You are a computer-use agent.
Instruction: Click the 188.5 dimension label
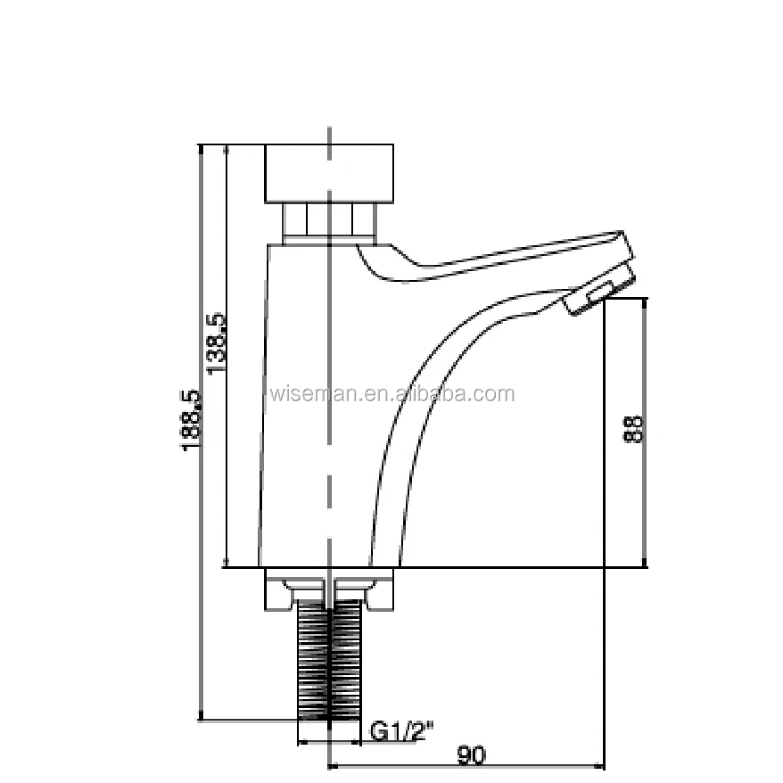pos(191,419)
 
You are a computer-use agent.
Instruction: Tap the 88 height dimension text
pos(634,430)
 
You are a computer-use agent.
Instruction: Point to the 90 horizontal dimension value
pos(472,755)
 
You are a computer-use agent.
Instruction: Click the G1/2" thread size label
pos(401,732)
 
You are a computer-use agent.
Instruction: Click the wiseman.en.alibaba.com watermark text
pos(391,394)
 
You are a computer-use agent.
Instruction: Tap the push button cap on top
pos(329,173)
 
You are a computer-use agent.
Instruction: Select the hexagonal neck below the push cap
pos(329,221)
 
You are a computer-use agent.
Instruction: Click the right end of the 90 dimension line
pos(605,765)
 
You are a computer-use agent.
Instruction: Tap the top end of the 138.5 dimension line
pos(227,145)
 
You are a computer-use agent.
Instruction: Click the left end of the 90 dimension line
pos(330,765)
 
